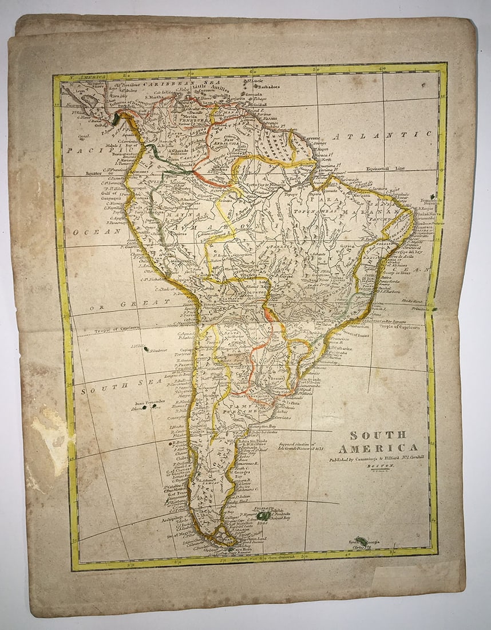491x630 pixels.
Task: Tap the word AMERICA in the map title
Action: click(378, 448)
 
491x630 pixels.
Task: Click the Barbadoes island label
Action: click(267, 87)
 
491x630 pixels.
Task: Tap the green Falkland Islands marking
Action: click(263, 515)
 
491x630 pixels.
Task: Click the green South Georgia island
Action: click(361, 541)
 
